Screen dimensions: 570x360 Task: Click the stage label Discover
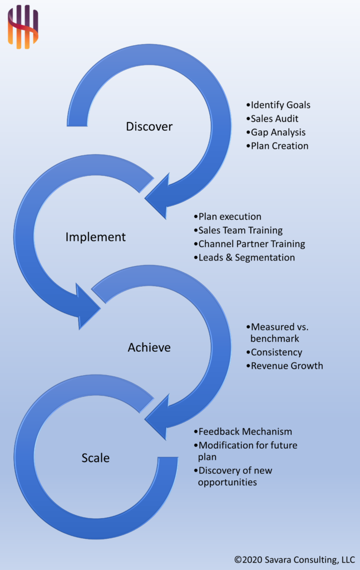tap(149, 126)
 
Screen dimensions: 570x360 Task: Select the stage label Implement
tap(96, 237)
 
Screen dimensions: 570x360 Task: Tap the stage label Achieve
tap(149, 347)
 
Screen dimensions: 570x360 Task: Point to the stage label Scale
tap(96, 458)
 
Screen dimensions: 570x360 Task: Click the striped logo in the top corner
tap(23, 26)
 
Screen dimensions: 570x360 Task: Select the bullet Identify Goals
tap(278, 105)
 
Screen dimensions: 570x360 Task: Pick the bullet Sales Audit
tap(274, 119)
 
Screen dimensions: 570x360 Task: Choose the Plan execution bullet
tap(227, 217)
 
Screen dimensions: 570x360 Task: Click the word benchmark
tap(275, 338)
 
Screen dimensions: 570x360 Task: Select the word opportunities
tap(227, 482)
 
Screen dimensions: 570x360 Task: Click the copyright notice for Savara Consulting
tap(294, 559)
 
